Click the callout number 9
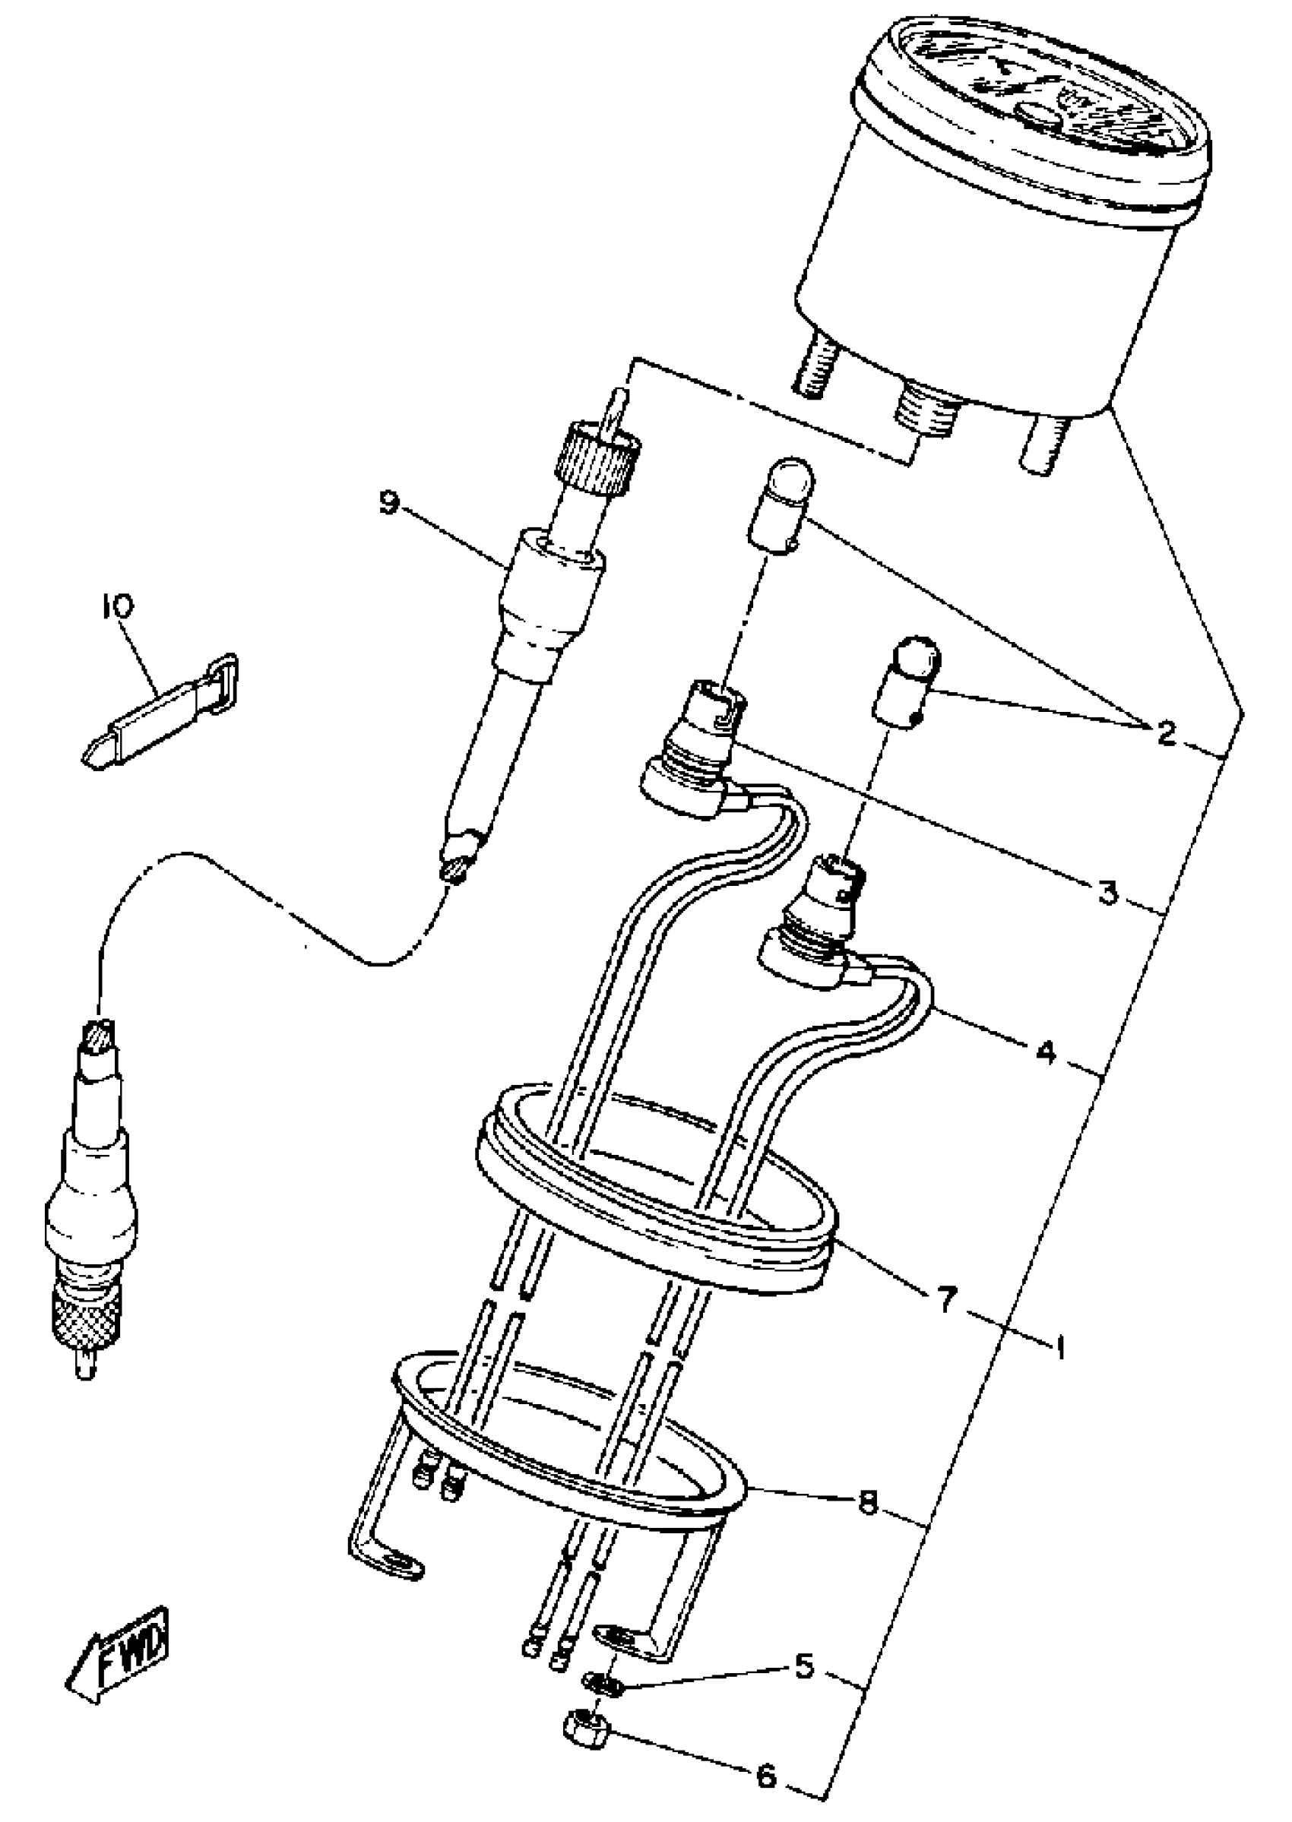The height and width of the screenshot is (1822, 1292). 388,504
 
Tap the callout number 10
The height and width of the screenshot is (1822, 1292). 118,608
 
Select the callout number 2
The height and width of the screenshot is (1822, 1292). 1166,733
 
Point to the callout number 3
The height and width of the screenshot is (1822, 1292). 1107,892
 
